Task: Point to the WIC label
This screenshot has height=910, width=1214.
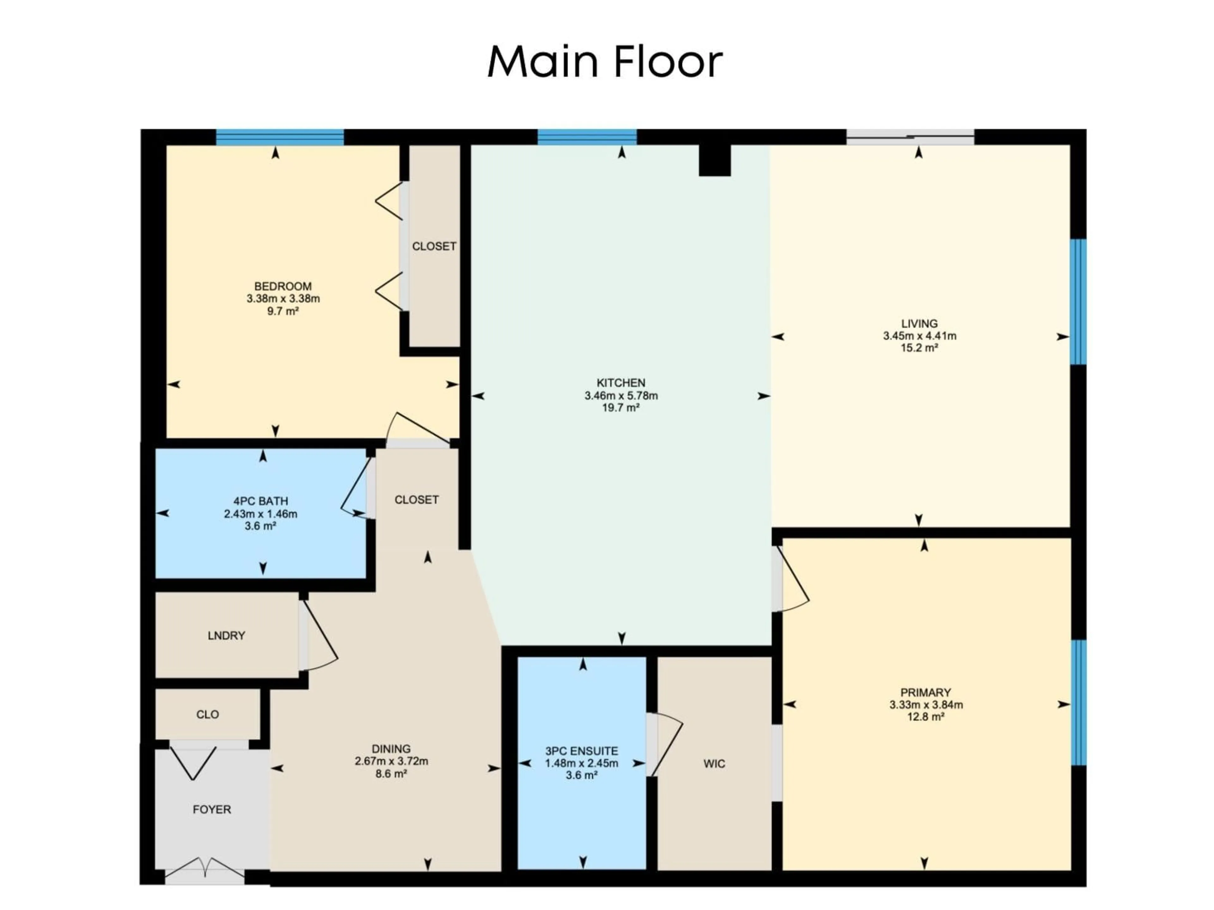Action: pyautogui.click(x=714, y=763)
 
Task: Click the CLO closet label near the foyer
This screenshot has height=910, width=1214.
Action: pyautogui.click(x=207, y=714)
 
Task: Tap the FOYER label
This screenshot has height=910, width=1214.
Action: pyautogui.click(x=212, y=810)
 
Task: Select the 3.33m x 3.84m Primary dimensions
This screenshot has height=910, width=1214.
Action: pyautogui.click(x=926, y=705)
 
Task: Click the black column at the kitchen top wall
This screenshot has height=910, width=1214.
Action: pyautogui.click(x=714, y=160)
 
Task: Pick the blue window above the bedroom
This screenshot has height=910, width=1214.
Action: pyautogui.click(x=280, y=137)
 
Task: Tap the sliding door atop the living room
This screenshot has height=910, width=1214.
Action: pyautogui.click(x=910, y=137)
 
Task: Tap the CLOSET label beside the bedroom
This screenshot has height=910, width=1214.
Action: pyautogui.click(x=433, y=246)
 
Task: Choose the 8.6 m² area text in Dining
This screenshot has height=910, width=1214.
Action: pyautogui.click(x=391, y=774)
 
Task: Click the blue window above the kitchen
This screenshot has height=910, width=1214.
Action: pyautogui.click(x=587, y=137)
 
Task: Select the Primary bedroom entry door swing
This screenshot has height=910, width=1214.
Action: pyautogui.click(x=793, y=581)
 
